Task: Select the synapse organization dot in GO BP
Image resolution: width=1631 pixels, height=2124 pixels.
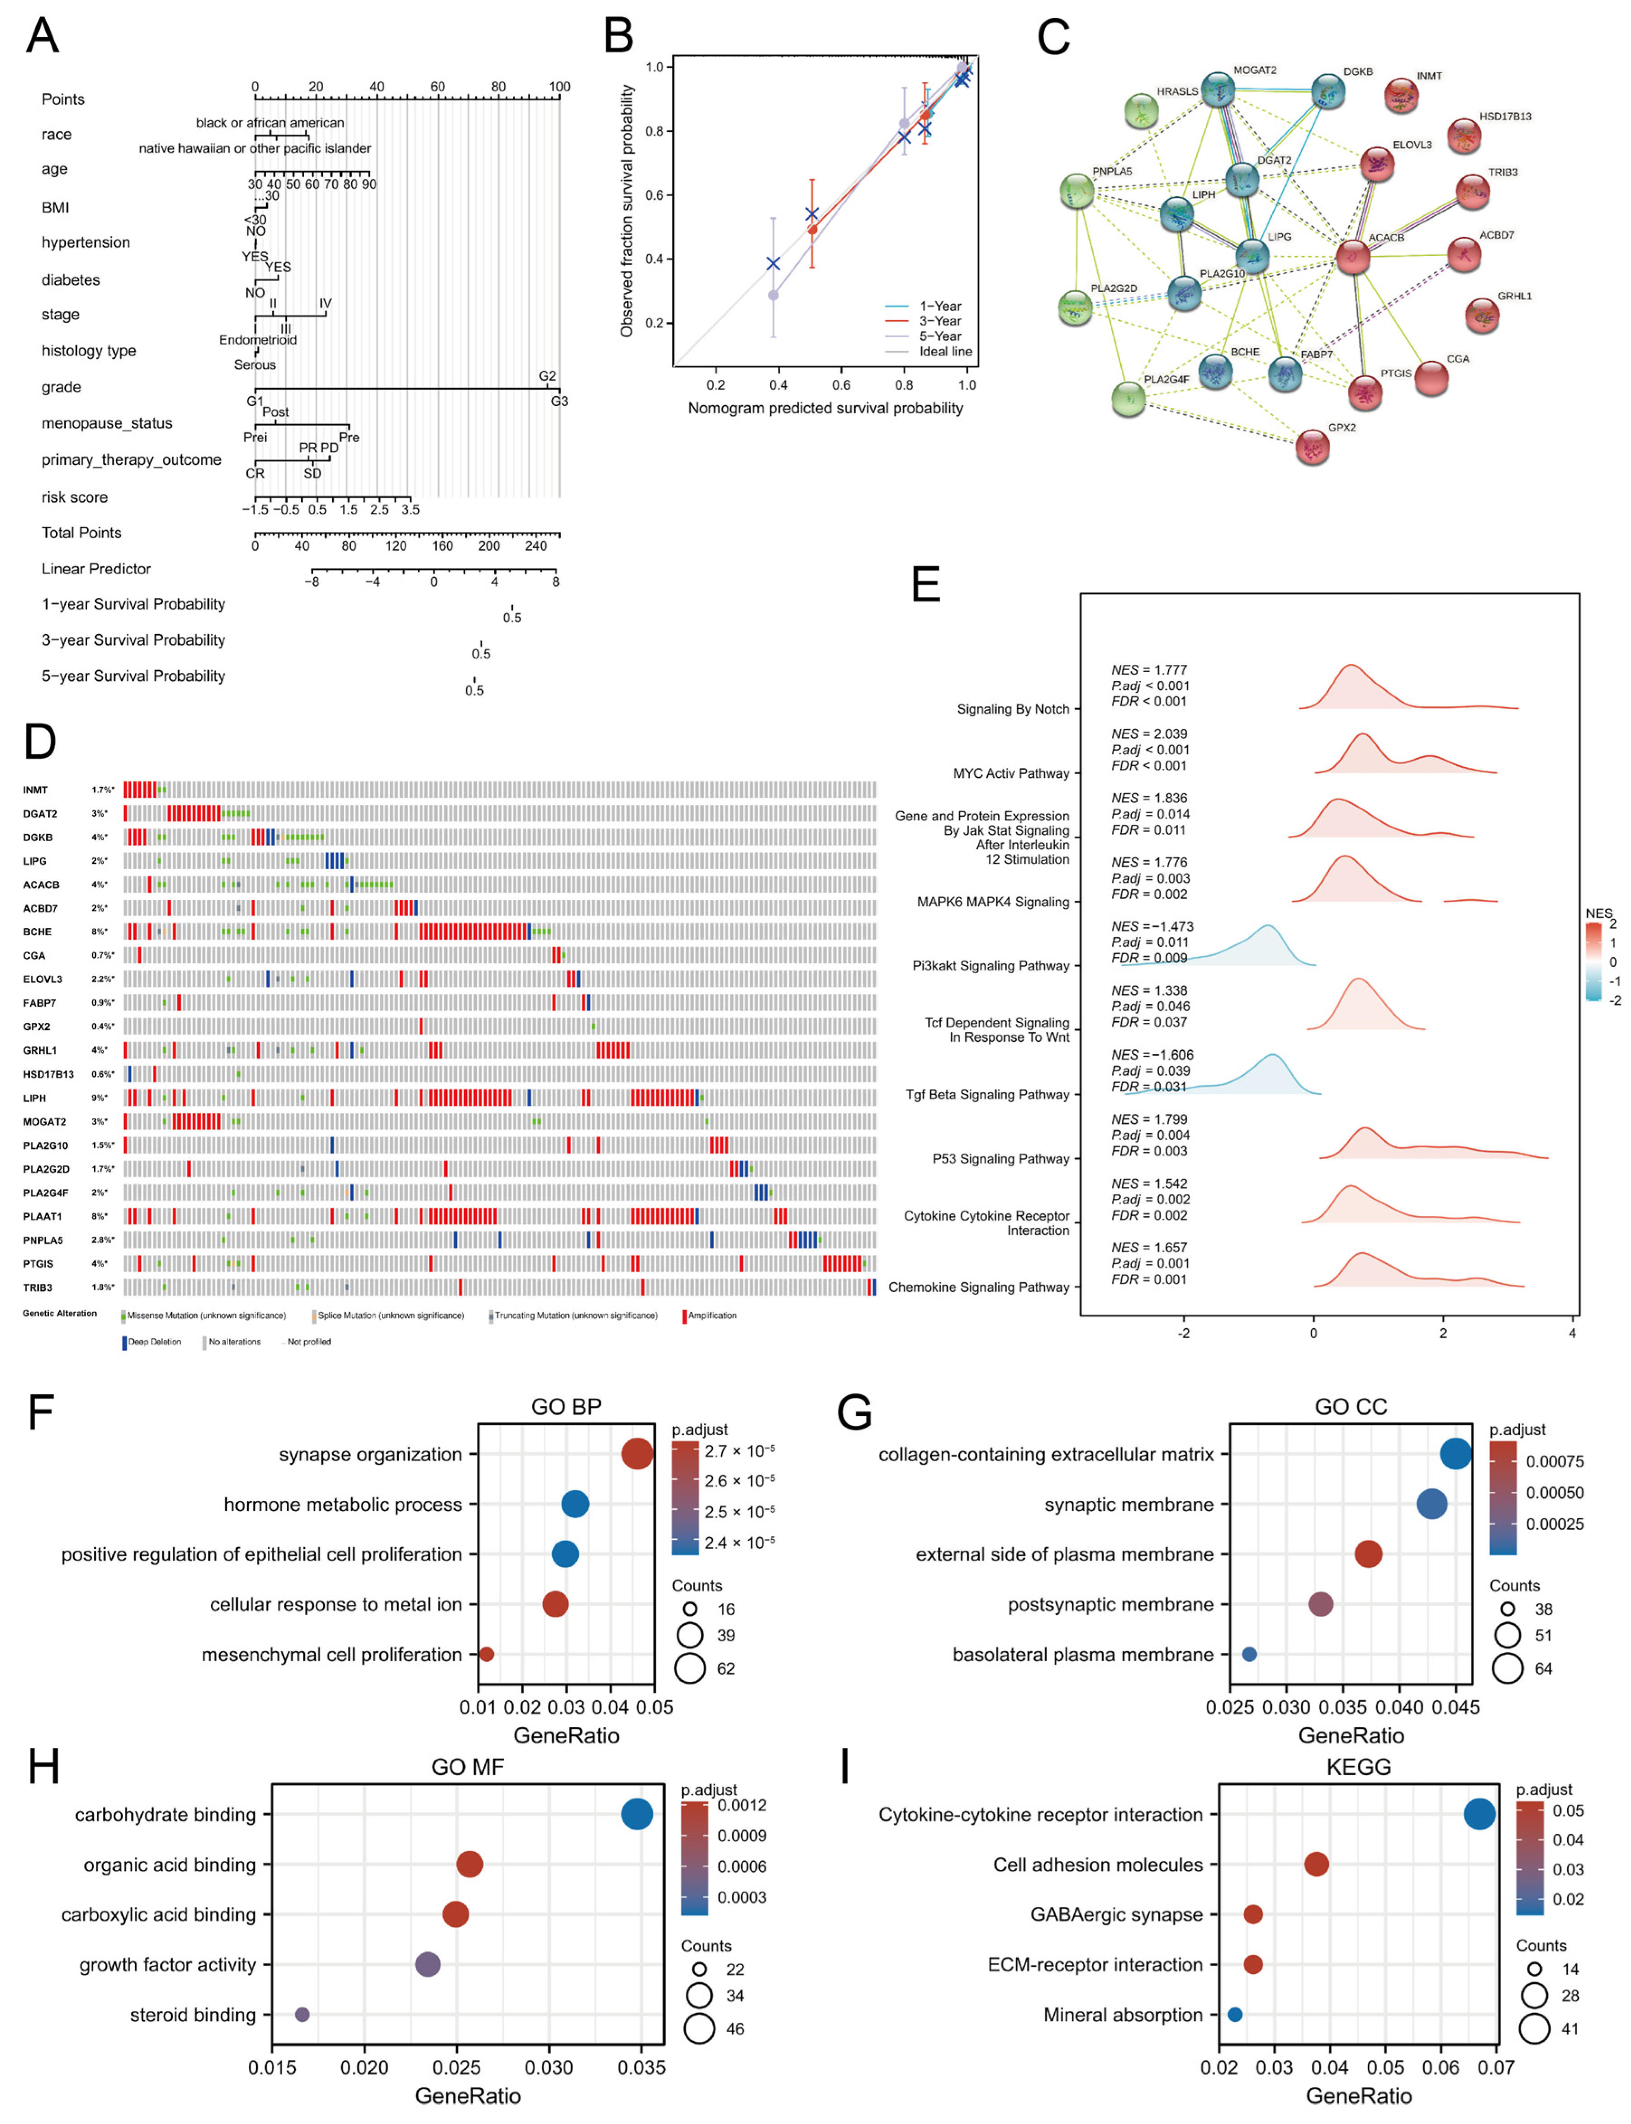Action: coord(637,1454)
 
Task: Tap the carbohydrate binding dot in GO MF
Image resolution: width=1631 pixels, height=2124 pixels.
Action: coord(637,1814)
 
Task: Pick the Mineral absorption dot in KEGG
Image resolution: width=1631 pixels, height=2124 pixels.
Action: coord(1235,2014)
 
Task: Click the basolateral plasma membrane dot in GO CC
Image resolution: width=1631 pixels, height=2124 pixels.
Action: coord(1249,1654)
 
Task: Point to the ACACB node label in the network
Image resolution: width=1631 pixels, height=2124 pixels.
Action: coord(1386,238)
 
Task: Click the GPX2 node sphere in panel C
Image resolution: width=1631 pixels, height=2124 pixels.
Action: coord(1313,448)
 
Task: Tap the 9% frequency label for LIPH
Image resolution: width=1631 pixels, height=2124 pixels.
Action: coord(100,1098)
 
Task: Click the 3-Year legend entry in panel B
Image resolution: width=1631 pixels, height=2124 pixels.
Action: coord(940,322)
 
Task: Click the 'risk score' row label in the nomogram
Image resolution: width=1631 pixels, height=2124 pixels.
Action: coord(75,497)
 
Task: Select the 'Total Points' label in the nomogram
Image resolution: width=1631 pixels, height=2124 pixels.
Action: coord(81,533)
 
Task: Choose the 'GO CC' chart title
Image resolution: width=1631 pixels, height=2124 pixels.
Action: coord(1351,1407)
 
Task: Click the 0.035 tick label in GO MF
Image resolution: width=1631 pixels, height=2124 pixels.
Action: coord(642,2067)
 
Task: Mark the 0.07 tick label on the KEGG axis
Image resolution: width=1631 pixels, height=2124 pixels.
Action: coord(1496,2067)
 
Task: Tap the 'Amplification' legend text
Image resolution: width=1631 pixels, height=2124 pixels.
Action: coord(711,1315)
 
